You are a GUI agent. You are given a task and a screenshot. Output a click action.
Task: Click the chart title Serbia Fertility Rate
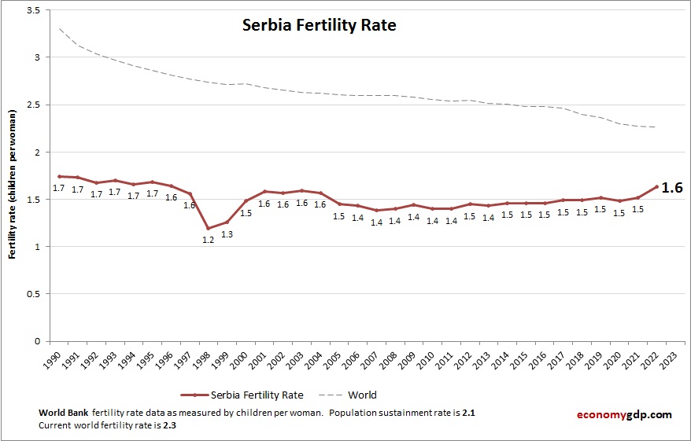[318, 25]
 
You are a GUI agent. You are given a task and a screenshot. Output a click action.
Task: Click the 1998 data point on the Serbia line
[209, 228]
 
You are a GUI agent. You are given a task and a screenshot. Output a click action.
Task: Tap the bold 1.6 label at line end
[671, 188]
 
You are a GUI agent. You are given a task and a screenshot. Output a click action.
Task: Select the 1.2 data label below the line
[209, 240]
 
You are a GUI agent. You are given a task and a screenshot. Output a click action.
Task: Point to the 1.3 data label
[227, 234]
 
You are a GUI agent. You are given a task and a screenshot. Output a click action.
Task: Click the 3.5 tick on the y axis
[34, 10]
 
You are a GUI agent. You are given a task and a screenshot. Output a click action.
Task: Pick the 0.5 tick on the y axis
[34, 294]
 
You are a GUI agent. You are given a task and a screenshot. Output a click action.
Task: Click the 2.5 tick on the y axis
[34, 105]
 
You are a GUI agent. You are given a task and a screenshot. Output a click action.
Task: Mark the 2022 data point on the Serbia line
[656, 187]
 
